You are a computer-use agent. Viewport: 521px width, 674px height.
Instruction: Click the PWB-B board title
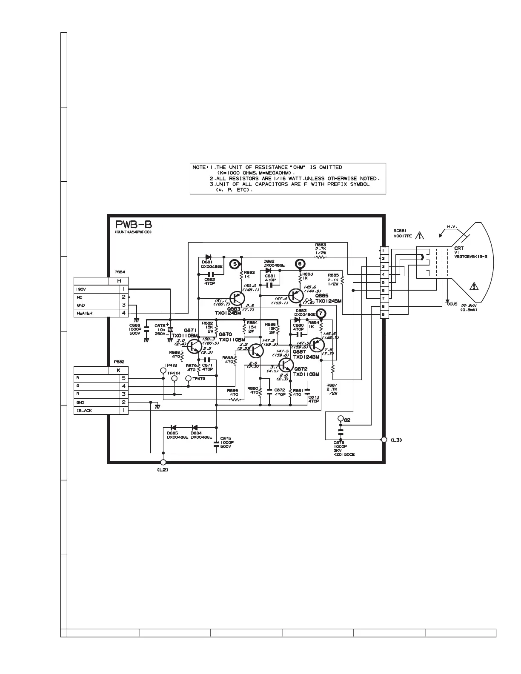(134, 225)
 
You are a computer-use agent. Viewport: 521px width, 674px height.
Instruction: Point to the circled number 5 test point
(234, 264)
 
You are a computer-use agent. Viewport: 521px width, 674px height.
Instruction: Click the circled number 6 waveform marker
(300, 263)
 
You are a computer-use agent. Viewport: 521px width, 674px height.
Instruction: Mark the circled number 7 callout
(321, 313)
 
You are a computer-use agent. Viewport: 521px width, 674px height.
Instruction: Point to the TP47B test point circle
(163, 371)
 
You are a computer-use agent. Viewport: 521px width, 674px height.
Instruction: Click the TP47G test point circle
(189, 378)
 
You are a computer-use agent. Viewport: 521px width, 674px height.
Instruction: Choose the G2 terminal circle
(340, 418)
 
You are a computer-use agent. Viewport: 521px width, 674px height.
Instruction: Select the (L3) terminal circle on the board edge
(384, 440)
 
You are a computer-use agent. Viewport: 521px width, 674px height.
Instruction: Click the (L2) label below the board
(163, 470)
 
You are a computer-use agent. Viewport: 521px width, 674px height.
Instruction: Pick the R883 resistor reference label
(321, 245)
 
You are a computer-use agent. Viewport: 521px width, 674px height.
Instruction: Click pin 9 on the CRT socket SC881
(383, 314)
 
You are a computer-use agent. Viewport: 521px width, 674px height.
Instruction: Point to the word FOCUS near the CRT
(451, 304)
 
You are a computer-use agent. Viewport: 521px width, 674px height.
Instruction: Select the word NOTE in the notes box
(199, 168)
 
